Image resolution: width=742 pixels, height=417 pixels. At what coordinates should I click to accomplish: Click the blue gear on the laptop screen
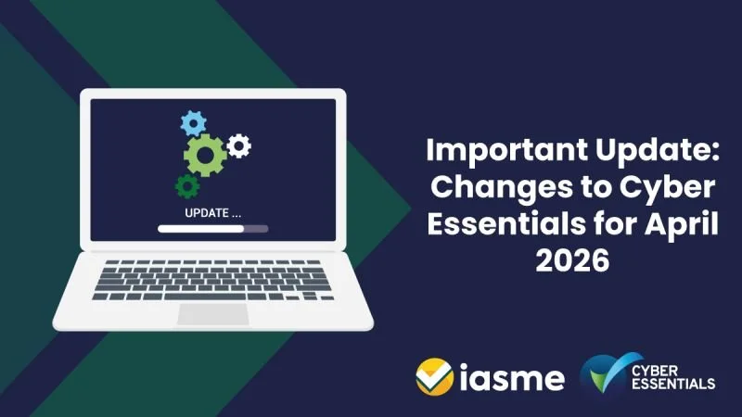tap(193, 122)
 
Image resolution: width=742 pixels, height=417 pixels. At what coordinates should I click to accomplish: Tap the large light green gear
tap(205, 155)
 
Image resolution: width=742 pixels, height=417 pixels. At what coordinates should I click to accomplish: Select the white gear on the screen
tap(239, 145)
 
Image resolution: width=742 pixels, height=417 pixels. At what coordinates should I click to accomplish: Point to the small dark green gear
tap(187, 186)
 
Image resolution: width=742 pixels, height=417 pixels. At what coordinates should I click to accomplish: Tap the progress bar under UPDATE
tap(212, 227)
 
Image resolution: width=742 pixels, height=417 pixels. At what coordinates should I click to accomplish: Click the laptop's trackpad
tap(213, 313)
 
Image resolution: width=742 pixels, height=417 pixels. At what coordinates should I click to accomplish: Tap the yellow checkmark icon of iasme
tap(432, 377)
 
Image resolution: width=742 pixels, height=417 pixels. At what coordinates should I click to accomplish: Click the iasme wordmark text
tap(510, 379)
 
